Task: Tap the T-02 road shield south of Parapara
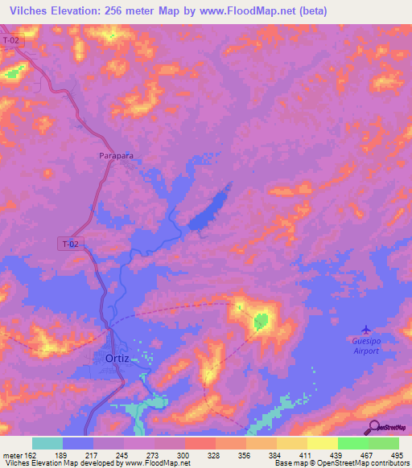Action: [x=72, y=242]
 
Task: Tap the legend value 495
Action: [x=398, y=455]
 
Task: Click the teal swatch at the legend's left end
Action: [x=47, y=443]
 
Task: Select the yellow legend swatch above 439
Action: [x=322, y=443]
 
